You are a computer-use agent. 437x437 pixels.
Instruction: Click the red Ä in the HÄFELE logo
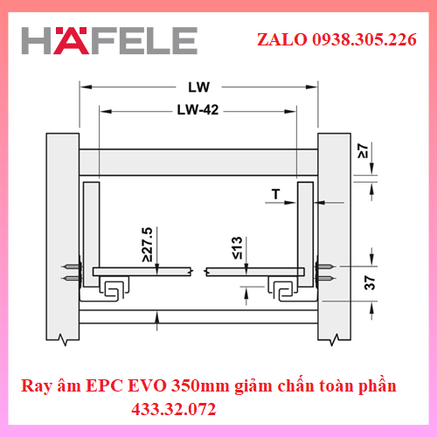point(71,41)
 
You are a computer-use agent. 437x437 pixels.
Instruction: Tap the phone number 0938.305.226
point(364,39)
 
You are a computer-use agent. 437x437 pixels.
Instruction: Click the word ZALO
point(282,39)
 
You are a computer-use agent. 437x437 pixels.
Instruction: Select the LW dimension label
point(198,87)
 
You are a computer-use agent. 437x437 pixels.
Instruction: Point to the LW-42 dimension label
point(198,110)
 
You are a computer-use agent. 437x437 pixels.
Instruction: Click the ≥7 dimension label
point(363,150)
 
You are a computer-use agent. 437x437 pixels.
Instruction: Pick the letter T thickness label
point(275,194)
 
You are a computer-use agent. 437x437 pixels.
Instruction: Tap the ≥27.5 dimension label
point(148,245)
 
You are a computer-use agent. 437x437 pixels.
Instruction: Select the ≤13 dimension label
point(237,248)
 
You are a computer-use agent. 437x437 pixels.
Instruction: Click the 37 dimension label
point(370,282)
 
